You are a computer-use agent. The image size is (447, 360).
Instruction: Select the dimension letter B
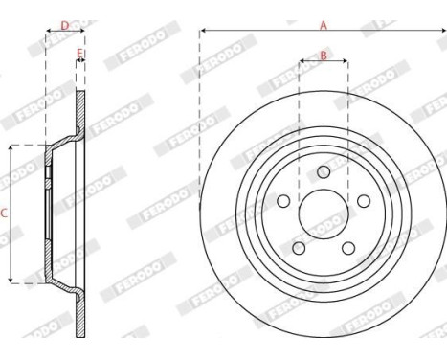(324, 56)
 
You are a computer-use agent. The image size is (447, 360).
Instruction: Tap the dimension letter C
(4, 214)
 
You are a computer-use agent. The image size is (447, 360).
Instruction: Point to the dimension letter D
(64, 25)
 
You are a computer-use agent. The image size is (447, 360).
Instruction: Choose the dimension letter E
(79, 54)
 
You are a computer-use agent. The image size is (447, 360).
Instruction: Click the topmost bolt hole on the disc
(323, 172)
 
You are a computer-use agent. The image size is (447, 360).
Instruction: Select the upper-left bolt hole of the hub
(284, 201)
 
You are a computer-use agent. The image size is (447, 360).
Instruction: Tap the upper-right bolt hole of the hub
(362, 201)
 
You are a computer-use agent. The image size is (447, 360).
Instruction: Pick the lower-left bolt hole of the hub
(299, 247)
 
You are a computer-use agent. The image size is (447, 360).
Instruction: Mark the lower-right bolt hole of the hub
(347, 247)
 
